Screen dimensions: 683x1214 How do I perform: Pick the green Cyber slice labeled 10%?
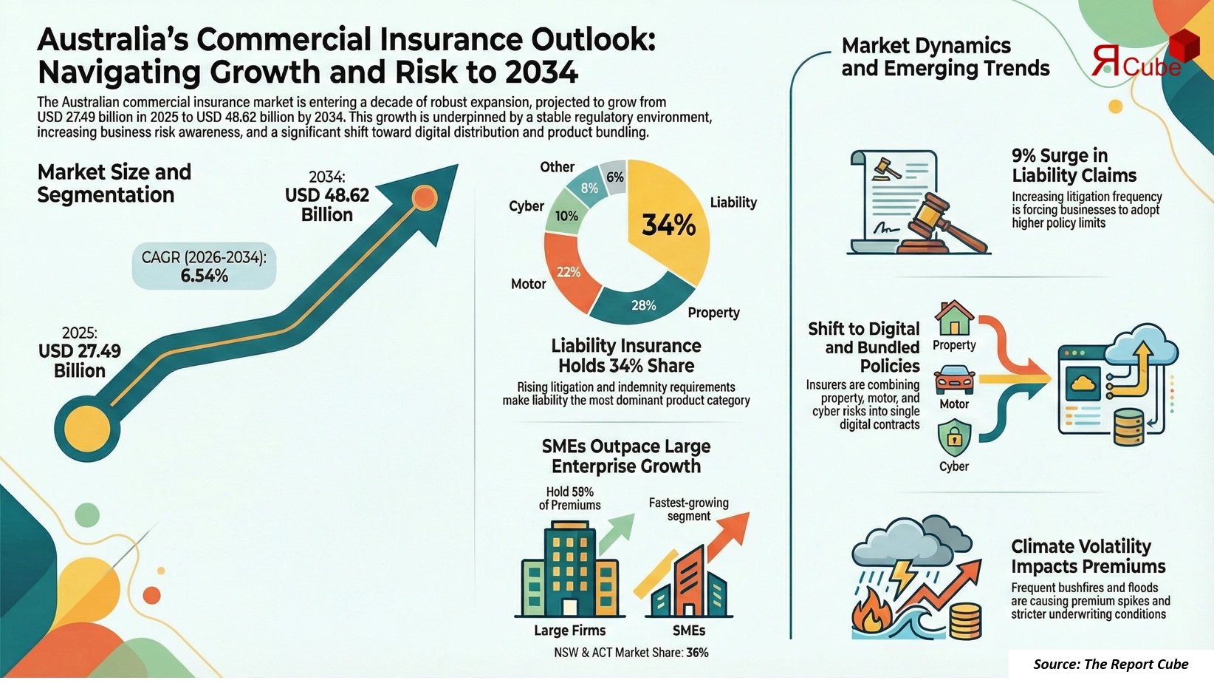[x=566, y=215]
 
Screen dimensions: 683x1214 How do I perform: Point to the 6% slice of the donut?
[x=614, y=177]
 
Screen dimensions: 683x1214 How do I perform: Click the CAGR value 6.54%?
[x=205, y=276]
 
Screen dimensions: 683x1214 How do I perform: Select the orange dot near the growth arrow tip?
[x=424, y=197]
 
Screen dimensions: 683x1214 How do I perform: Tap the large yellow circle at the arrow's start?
[x=87, y=429]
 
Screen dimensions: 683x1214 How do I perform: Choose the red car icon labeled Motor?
[x=954, y=381]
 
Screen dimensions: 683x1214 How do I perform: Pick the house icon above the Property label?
[x=954, y=318]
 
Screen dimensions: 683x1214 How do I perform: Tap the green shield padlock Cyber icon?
[x=954, y=438]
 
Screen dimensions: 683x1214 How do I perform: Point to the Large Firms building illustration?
[x=569, y=569]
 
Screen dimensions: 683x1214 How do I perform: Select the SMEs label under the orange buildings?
[x=688, y=631]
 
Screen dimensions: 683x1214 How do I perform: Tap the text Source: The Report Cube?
[x=1111, y=664]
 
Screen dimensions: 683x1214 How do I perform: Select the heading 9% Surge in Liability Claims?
[x=1074, y=166]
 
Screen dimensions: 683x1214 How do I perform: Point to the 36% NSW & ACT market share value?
[x=697, y=653]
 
